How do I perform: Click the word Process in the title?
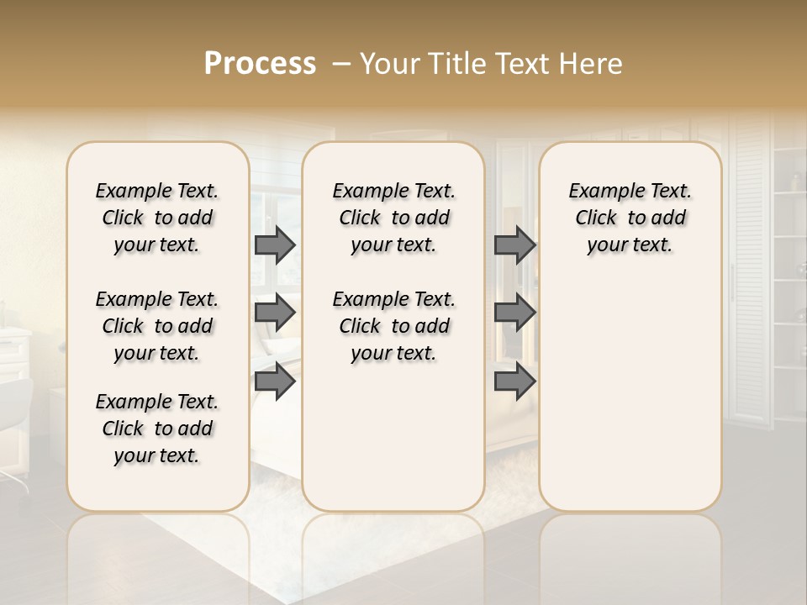(260, 64)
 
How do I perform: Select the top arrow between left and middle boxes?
(274, 245)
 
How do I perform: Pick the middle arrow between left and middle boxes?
(274, 313)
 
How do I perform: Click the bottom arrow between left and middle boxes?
(274, 381)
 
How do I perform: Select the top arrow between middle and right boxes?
(514, 245)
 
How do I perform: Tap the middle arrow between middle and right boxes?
(514, 313)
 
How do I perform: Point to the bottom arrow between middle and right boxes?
(514, 381)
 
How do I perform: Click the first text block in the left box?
(157, 218)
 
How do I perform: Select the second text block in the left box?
(157, 326)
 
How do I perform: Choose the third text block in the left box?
(157, 429)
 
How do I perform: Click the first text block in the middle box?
(393, 218)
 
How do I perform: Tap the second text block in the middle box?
(393, 326)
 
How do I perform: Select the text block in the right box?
(630, 218)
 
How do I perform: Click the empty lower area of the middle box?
(393, 437)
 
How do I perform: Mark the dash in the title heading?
(341, 64)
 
